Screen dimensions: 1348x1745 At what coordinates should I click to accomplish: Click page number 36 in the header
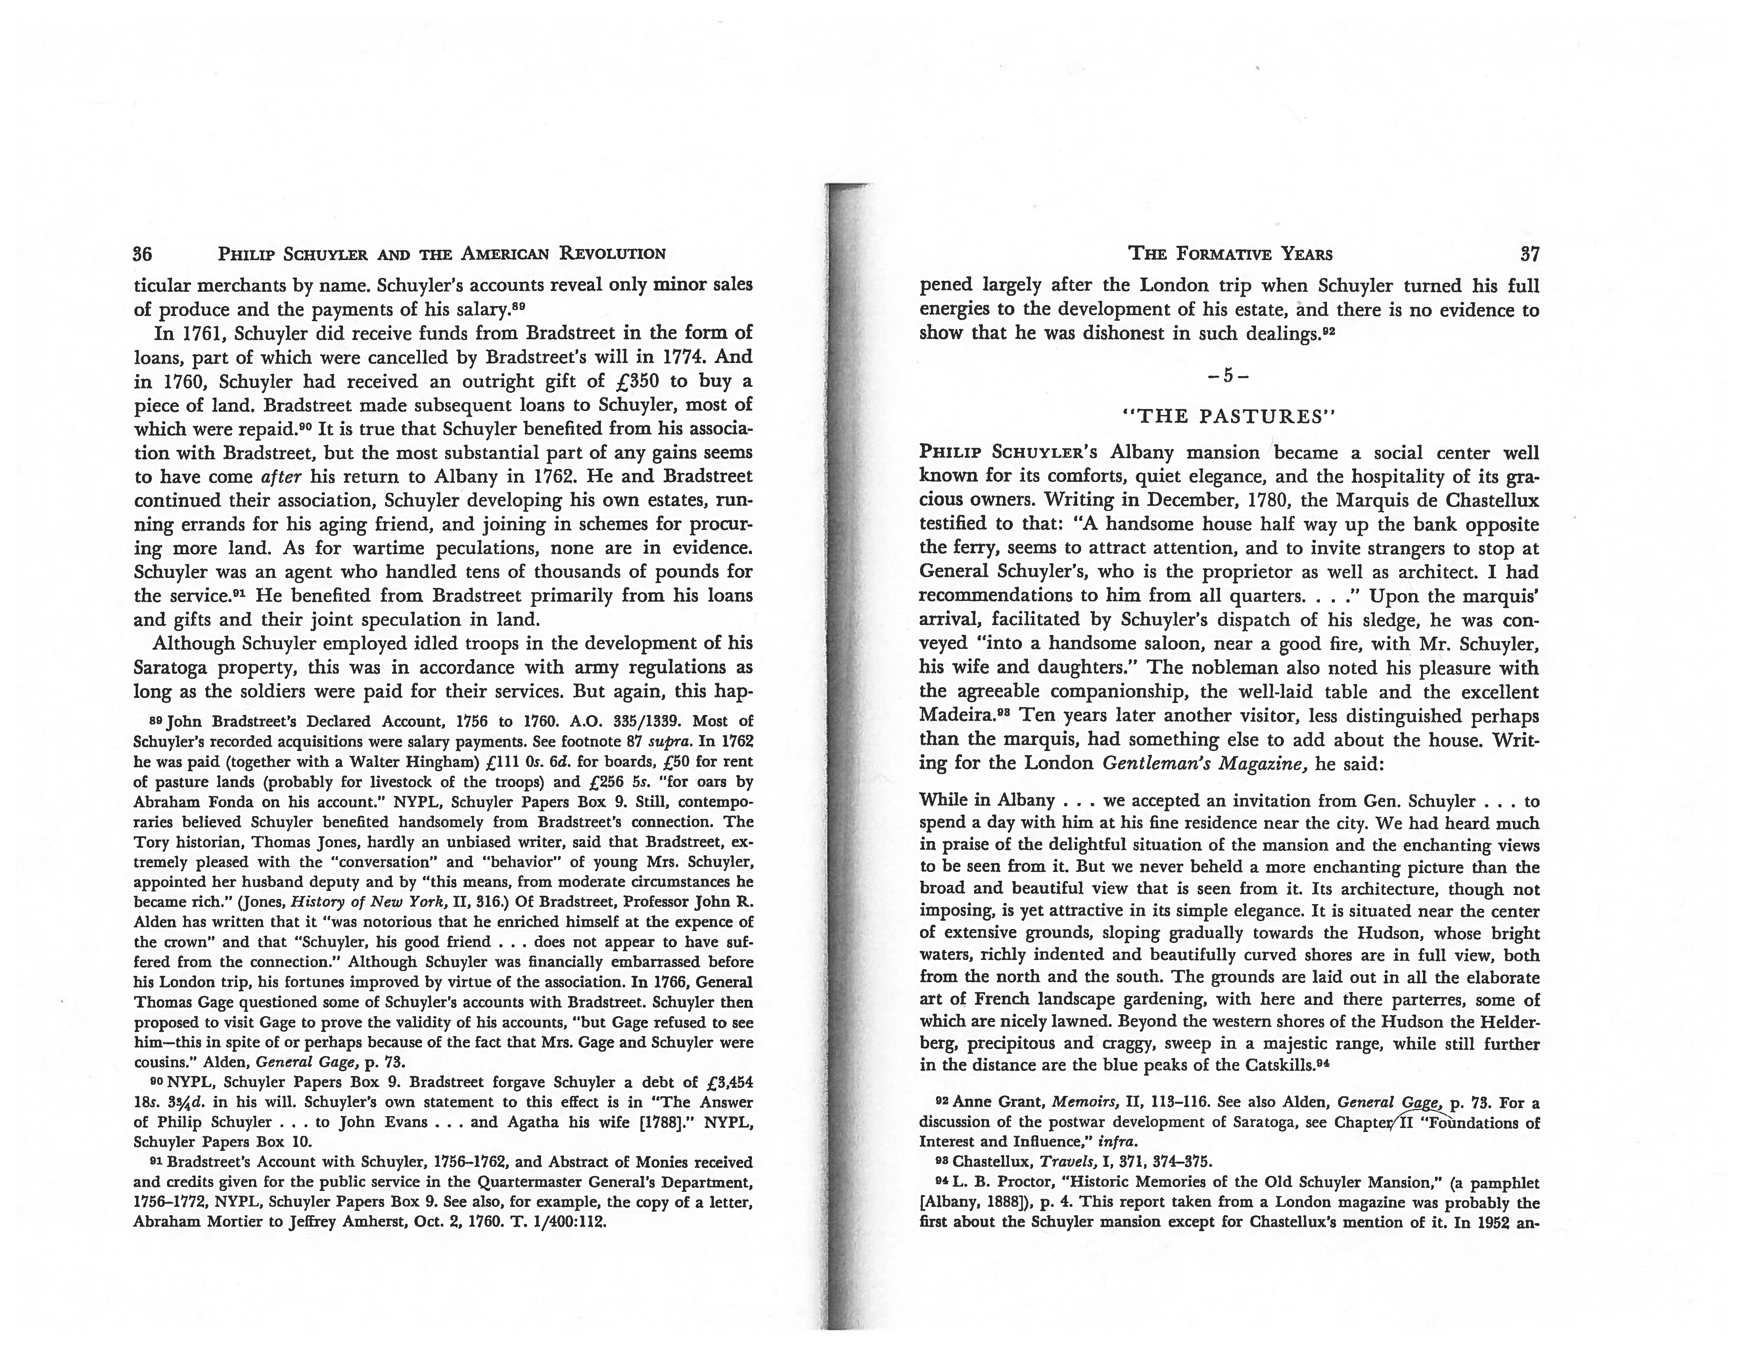point(143,254)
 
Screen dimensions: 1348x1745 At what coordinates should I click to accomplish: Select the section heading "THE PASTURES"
point(1230,416)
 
